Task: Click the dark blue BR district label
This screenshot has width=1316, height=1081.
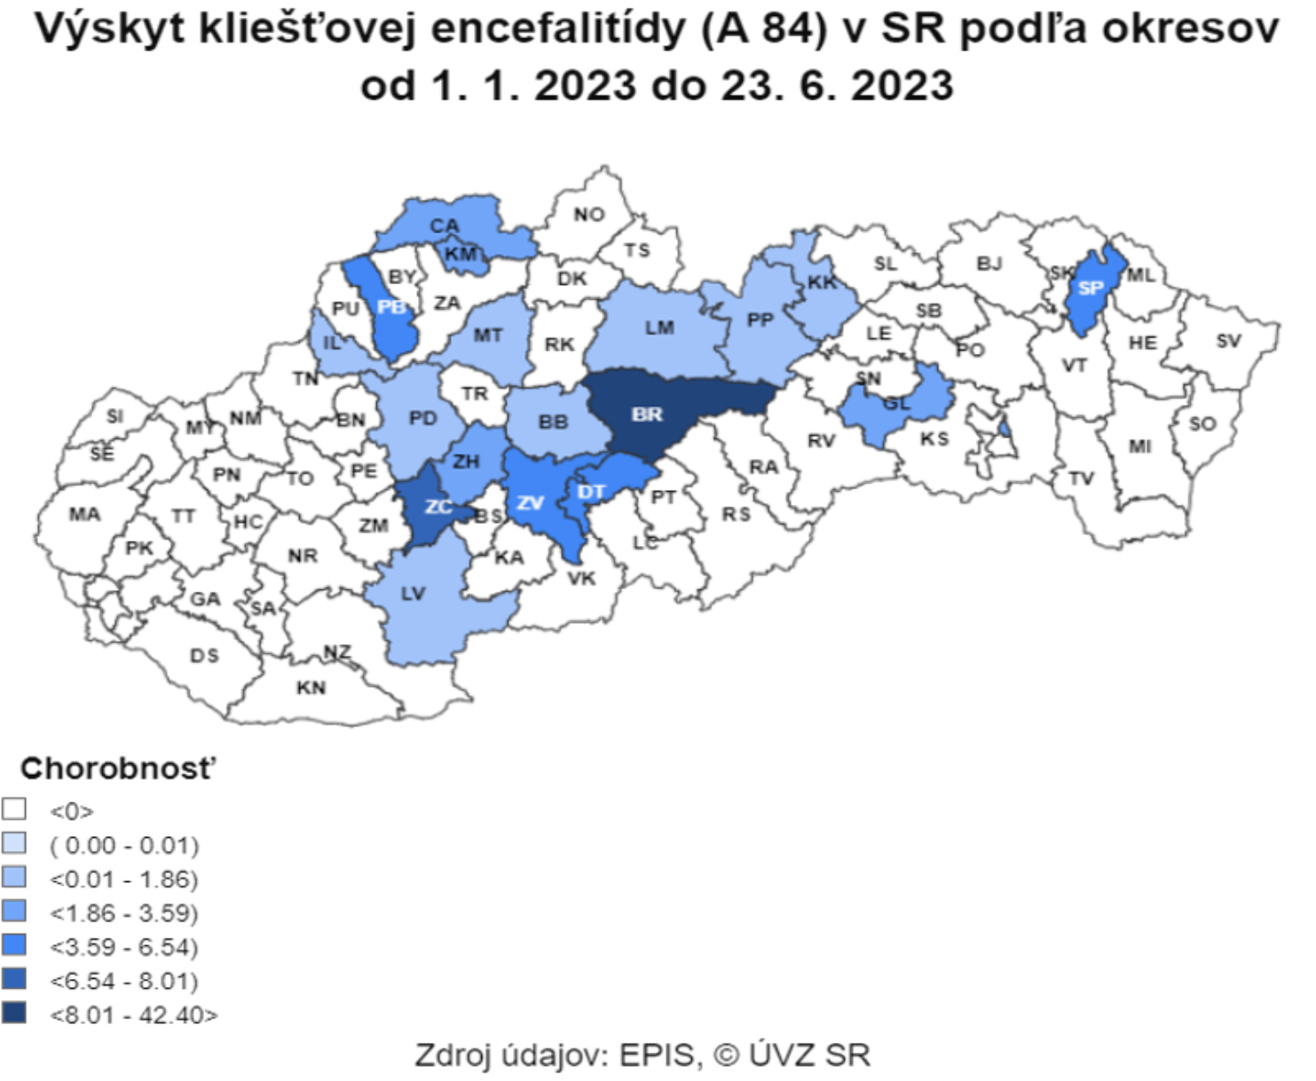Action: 647,414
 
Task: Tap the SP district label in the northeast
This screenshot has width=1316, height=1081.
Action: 1090,288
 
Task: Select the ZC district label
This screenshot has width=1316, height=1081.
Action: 438,507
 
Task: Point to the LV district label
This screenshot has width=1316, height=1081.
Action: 413,594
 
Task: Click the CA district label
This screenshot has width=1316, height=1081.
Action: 444,226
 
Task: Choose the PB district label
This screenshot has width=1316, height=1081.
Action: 390,307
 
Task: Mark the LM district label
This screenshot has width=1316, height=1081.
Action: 659,327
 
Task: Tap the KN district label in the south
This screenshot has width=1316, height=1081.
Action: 311,688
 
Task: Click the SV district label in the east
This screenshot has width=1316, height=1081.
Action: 1228,341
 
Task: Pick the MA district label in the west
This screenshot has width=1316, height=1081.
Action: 84,514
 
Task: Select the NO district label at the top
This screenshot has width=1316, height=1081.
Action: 588,215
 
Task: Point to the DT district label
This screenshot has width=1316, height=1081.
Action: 591,492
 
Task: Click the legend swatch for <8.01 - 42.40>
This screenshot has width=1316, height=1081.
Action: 14,1013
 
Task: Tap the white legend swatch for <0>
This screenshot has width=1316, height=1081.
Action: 14,809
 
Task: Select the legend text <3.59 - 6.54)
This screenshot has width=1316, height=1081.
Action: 124,947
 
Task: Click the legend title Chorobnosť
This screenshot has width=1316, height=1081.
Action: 118,769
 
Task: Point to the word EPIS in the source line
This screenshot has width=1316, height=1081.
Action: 657,1055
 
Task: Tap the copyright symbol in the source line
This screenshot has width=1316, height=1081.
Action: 726,1055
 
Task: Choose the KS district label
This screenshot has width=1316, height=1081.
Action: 934,439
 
